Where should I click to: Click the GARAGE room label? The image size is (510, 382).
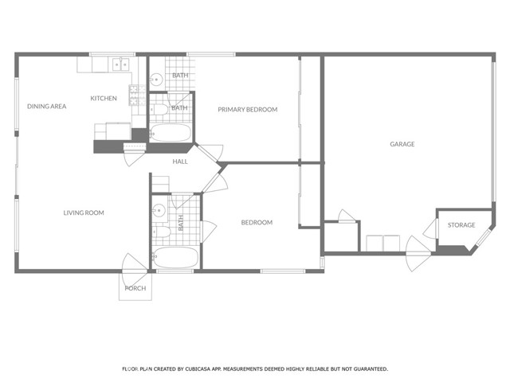402,144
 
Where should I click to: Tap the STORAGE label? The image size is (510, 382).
461,224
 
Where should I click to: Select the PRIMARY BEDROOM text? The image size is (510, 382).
248,110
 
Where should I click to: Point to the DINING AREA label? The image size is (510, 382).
46,106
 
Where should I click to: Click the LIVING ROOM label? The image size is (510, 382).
84,212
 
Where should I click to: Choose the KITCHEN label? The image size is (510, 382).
104,98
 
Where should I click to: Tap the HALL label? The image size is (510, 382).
180,162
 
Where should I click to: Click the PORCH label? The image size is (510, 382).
135,288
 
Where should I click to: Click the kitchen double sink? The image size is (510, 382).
121,64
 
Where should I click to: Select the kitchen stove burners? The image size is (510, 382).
137,95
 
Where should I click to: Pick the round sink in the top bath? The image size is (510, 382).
156,80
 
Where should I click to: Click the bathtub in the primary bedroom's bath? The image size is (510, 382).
171,133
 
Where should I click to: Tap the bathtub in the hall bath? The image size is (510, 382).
175,258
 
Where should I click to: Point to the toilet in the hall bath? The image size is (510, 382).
161,232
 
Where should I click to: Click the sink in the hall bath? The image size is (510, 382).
159,210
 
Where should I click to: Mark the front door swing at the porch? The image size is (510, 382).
135,270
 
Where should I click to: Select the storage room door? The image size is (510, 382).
430,229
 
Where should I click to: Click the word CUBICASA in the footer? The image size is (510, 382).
197,369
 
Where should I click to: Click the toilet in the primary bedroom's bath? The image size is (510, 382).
159,110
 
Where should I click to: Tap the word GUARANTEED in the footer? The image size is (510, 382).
371,369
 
